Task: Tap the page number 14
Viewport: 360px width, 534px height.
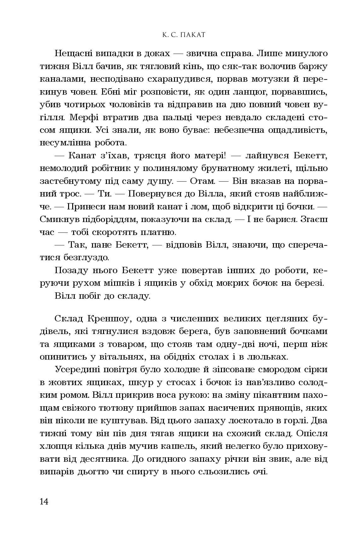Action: click(x=44, y=501)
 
